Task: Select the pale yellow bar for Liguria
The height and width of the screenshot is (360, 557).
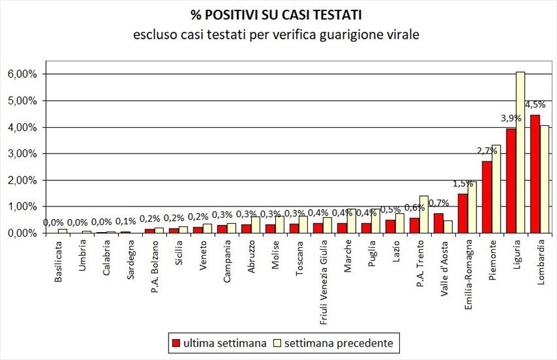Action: click(x=520, y=152)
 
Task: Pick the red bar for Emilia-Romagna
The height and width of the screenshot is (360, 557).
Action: click(x=463, y=213)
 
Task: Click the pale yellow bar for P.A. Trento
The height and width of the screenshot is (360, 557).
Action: click(x=423, y=214)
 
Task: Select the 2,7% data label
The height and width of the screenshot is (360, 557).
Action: click(x=486, y=150)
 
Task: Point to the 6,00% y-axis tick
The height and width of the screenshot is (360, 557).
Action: click(x=22, y=74)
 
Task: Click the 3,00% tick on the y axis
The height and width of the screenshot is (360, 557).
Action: click(x=22, y=153)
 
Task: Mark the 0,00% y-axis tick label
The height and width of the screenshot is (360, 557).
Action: click(x=22, y=233)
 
